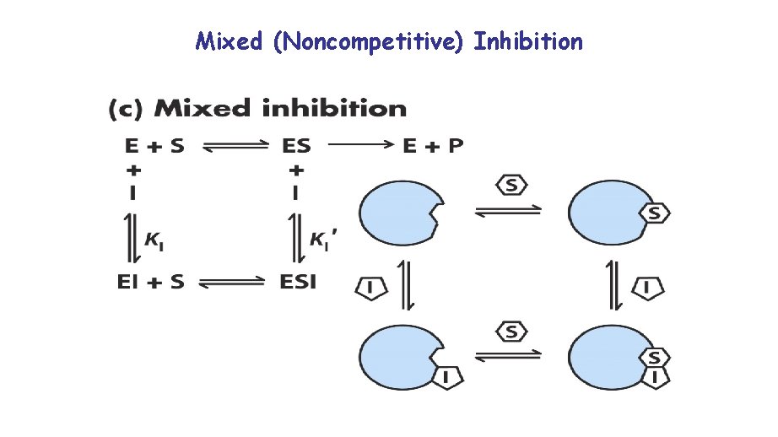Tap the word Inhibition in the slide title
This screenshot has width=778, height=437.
coord(528,40)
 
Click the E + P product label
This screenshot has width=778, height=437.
coord(433,146)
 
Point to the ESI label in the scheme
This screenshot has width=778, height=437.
coord(298,282)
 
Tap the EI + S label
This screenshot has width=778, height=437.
coord(150,282)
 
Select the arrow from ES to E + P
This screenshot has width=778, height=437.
coord(360,145)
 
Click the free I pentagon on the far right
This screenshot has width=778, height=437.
coord(648,289)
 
